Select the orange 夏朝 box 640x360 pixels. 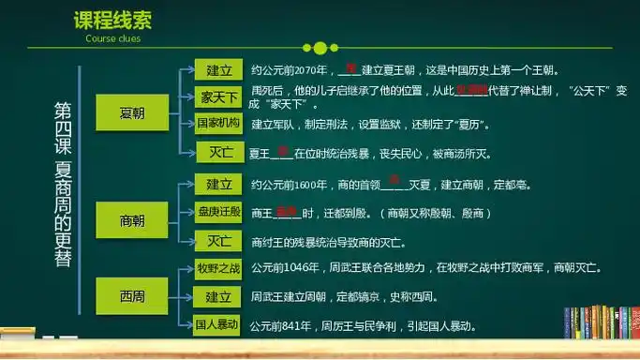coord(132,113)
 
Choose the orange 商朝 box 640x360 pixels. coord(132,220)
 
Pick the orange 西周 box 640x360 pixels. coord(132,297)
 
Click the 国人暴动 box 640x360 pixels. coord(217,325)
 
